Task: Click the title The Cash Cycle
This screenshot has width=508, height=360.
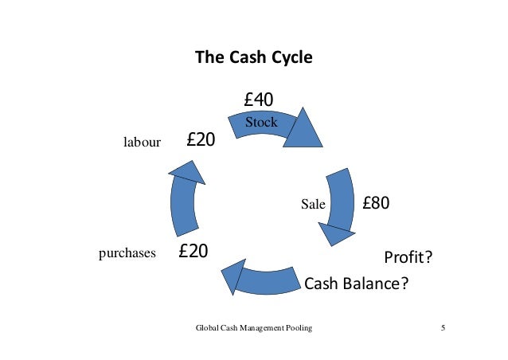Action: click(x=254, y=58)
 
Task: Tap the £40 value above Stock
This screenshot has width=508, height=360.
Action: click(x=259, y=100)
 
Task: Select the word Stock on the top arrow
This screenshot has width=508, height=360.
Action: click(x=261, y=123)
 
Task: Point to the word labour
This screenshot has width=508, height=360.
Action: click(x=142, y=143)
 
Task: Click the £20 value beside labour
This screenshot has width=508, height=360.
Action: click(x=201, y=140)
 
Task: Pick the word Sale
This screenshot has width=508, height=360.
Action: click(x=314, y=204)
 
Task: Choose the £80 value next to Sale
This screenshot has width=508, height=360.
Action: click(x=376, y=202)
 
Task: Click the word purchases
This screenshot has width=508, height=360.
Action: click(x=127, y=253)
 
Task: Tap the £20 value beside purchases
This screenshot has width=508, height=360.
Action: click(x=193, y=252)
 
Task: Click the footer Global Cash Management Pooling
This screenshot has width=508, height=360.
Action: click(x=254, y=329)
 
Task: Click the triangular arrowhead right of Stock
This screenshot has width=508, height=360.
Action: click(x=302, y=129)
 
